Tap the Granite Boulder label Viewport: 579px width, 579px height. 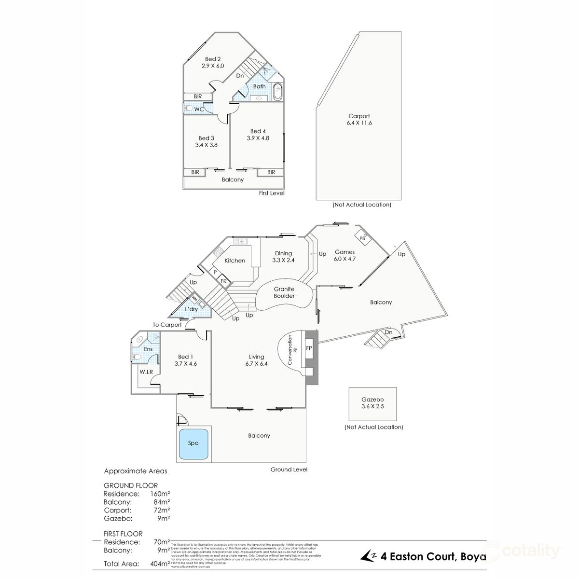point(284,292)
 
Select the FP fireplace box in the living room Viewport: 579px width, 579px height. point(309,348)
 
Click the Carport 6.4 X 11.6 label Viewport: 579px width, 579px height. point(359,119)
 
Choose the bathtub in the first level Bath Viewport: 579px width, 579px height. point(278,92)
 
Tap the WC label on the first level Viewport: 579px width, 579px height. point(199,110)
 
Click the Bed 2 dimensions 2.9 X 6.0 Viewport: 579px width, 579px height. point(213,66)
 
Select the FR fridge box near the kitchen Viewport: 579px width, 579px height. point(224,281)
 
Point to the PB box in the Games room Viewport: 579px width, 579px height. point(362,238)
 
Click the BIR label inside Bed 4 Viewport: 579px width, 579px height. point(271,172)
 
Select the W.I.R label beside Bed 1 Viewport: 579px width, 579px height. point(146,372)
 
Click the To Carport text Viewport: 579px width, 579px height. point(167,325)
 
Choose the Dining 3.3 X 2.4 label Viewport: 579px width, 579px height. point(284,257)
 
